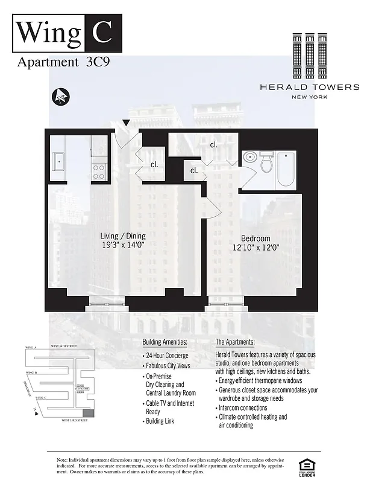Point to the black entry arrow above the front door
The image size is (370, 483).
(x=125, y=123)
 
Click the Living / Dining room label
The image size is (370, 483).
(x=123, y=236)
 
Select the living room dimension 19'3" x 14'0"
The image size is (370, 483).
(x=123, y=245)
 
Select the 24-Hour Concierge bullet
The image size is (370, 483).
(x=166, y=356)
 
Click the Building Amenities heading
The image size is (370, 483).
(x=165, y=342)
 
